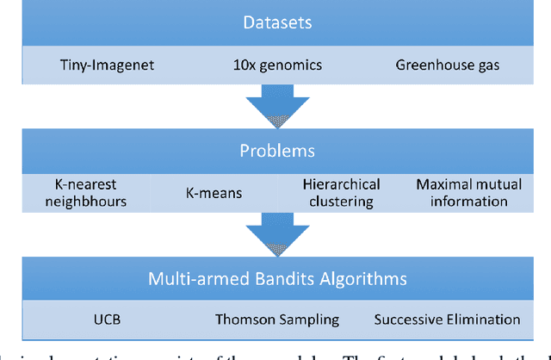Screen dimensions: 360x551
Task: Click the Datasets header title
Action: (x=277, y=22)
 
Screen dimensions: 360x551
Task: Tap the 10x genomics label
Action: (x=277, y=65)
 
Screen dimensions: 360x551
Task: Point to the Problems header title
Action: (x=277, y=152)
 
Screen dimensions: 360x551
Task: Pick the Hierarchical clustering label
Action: (x=337, y=192)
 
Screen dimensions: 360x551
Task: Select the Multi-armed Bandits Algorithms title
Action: (x=277, y=279)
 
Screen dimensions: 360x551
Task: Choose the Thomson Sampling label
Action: (x=277, y=320)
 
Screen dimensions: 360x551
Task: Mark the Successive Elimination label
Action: (x=447, y=320)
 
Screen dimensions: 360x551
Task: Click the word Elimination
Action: (x=483, y=320)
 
